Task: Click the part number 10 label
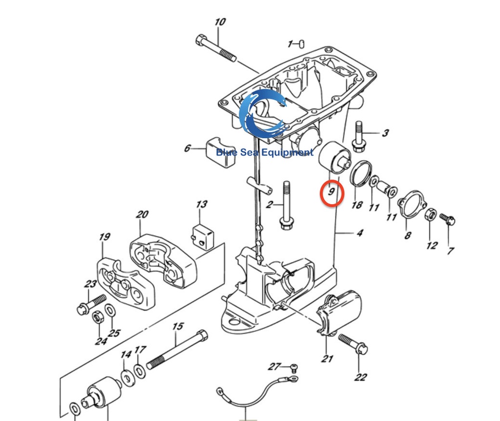point(220,22)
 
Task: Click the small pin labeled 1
point(303,44)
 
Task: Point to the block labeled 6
point(218,148)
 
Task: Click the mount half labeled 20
point(162,260)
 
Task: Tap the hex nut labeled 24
point(98,317)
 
